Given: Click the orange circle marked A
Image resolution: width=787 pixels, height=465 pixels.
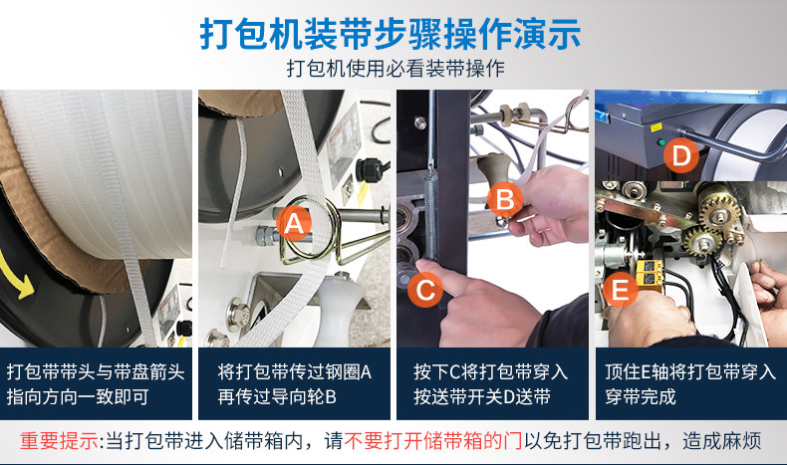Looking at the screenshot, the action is click(x=294, y=223).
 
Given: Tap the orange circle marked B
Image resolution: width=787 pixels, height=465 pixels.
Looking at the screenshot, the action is click(x=504, y=199).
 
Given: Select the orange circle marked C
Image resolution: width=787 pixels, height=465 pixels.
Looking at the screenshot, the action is click(x=425, y=290).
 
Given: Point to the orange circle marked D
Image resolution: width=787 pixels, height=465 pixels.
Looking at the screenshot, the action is click(x=681, y=155).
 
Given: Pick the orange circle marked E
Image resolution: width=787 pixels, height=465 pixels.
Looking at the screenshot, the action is click(x=621, y=290).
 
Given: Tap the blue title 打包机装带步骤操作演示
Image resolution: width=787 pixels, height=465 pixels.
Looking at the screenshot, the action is click(x=391, y=34).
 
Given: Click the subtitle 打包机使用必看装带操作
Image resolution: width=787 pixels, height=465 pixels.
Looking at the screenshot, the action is click(x=395, y=69).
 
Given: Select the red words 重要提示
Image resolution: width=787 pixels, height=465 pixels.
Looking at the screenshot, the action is click(x=59, y=441).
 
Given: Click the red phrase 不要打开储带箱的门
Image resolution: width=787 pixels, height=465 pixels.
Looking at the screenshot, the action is click(x=433, y=441).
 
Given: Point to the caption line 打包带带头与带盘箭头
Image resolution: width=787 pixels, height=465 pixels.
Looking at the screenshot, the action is click(x=96, y=372).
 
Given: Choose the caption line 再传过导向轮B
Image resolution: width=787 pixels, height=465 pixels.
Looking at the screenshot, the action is click(x=277, y=396).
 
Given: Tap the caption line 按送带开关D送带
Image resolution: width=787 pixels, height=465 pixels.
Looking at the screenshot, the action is click(x=482, y=396).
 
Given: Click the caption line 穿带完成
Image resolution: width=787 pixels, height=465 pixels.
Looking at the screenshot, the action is click(x=641, y=396).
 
